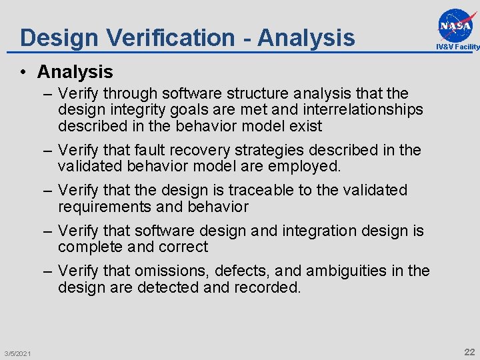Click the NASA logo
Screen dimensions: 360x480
pyautogui.click(x=458, y=25)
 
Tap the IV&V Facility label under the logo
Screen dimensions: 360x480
pyautogui.click(x=457, y=47)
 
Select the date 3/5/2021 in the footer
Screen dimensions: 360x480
pyautogui.click(x=17, y=353)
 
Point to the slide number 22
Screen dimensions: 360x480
pyautogui.click(x=469, y=352)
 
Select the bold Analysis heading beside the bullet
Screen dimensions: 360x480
pyautogui.click(x=75, y=71)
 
